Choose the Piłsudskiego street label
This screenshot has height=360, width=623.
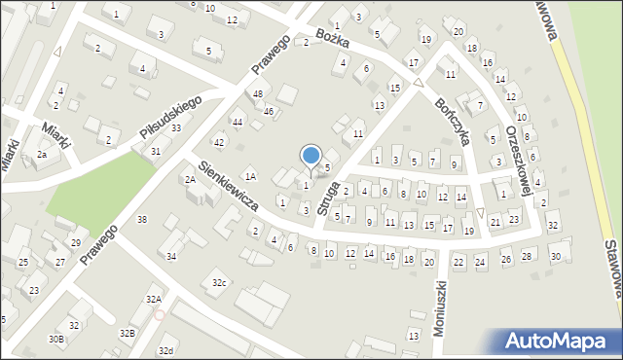169,117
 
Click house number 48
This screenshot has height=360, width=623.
257,93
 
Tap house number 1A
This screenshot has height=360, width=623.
250,176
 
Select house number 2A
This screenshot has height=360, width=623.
191,179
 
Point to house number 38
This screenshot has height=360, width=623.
142,219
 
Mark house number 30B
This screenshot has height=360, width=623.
56,339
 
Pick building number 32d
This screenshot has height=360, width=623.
166,350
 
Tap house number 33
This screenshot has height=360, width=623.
176,128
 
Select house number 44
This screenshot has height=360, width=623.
237,122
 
